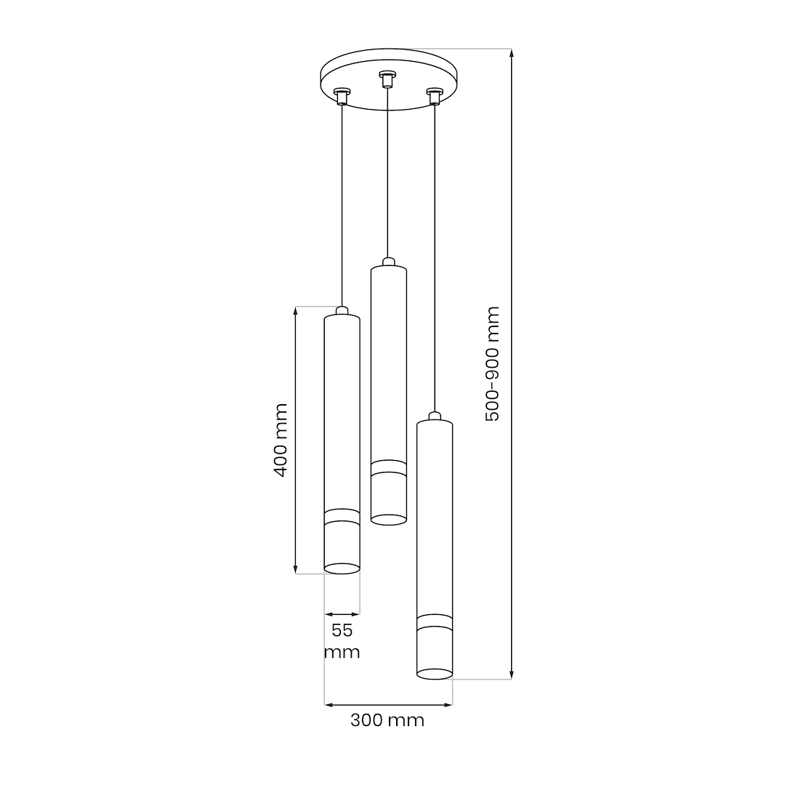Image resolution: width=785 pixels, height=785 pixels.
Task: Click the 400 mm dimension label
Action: coord(281,440)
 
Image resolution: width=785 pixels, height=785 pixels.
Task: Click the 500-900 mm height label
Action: coord(492,364)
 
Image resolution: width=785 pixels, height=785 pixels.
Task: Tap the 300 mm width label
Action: coord(387,720)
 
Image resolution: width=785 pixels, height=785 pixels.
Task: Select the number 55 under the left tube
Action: coord(342,630)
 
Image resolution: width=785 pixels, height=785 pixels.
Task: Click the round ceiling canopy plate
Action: coord(390,79)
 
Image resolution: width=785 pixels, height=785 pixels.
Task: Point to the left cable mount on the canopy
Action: coord(342,96)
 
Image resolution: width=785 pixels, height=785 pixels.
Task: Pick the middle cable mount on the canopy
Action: coord(387,79)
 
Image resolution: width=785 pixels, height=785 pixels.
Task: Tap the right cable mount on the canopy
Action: coord(434,96)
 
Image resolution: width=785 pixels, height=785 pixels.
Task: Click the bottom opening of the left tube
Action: coord(342,568)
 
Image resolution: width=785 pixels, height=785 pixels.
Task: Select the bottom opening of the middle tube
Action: coord(388,519)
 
